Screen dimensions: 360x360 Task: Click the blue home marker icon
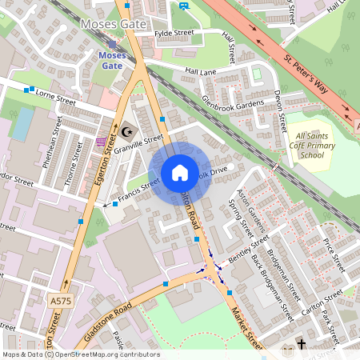pos(179,173)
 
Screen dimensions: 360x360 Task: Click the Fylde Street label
pos(175,34)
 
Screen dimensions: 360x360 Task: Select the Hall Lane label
pos(201,72)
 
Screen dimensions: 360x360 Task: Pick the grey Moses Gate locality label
pos(114,24)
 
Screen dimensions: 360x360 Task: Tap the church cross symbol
pos(302,345)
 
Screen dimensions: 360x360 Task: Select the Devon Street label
pos(282,111)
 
